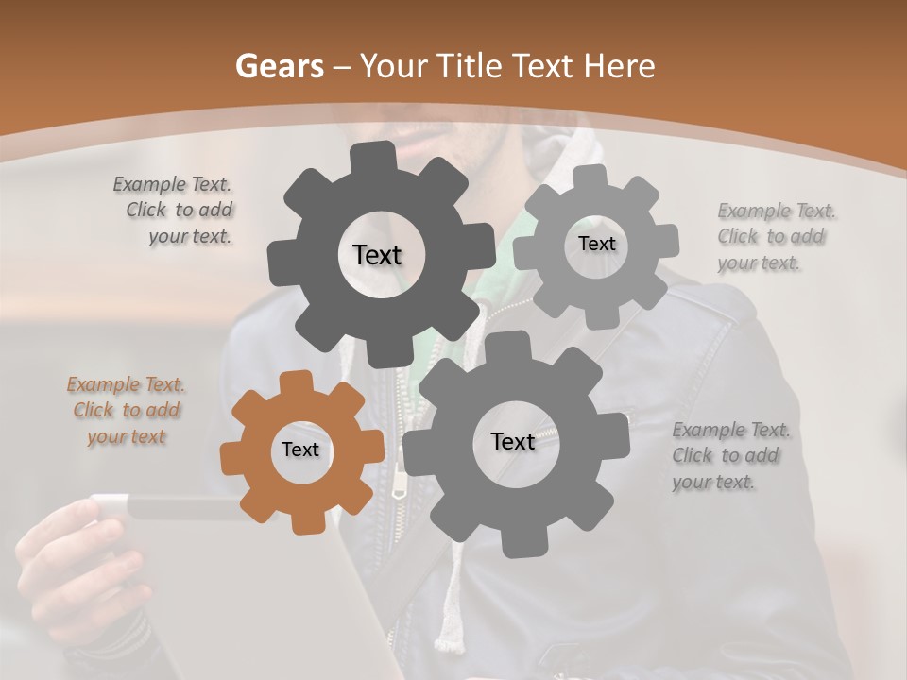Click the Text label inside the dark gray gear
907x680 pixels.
point(377,255)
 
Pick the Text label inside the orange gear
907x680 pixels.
point(300,450)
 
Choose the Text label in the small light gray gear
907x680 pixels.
point(596,244)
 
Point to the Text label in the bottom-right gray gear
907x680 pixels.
point(513,441)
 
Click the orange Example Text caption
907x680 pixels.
point(127,411)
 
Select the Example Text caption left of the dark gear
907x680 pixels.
point(177,211)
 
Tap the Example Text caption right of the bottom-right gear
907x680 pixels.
point(729,455)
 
